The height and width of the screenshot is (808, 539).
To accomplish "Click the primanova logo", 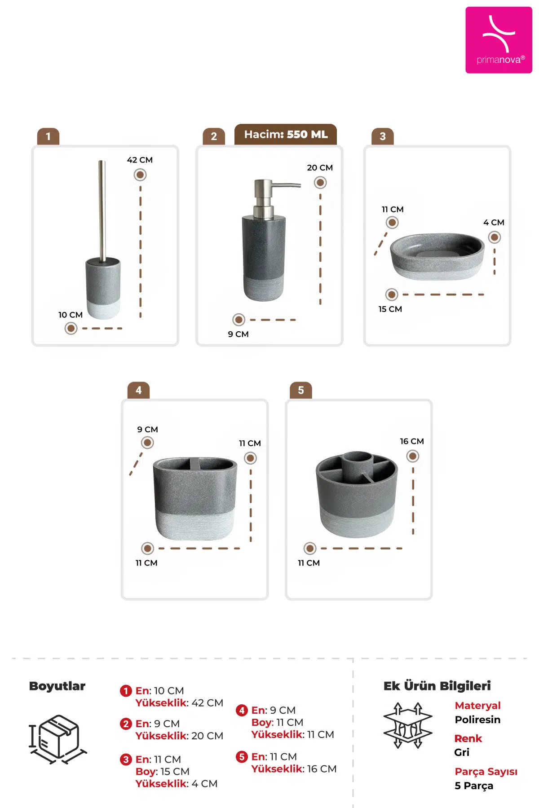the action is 499,40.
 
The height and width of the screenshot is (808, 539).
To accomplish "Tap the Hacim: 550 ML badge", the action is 286,134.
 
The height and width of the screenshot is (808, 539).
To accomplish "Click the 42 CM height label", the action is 140,160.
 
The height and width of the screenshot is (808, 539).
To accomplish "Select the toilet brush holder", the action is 103,240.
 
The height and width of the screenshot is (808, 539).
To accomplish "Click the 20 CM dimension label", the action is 320,167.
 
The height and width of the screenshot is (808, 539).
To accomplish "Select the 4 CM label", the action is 494,222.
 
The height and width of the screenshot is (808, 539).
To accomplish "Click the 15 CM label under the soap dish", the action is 390,309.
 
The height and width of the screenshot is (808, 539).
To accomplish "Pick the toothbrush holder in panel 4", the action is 195,498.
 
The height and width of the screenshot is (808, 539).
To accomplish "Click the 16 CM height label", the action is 412,441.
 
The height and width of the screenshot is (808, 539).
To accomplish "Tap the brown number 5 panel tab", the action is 301,391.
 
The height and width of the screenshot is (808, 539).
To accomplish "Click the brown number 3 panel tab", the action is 383,136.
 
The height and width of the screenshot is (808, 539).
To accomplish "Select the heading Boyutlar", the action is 57,686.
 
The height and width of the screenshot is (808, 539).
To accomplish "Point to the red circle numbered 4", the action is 242,710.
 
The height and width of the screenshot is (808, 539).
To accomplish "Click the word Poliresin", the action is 477,720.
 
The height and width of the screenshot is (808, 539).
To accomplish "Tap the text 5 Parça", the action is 474,786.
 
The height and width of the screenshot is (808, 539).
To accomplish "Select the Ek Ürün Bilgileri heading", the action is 437,686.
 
